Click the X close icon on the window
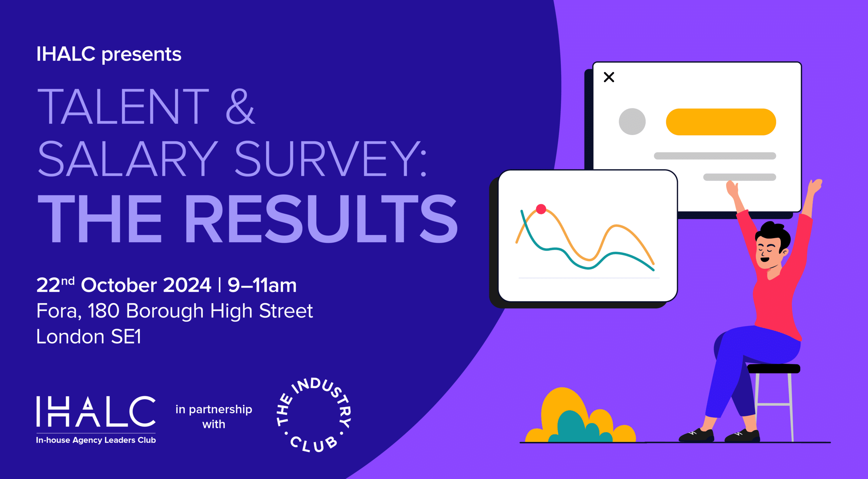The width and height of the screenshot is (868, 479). [x=609, y=77]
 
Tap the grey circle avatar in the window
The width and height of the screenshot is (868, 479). [x=632, y=121]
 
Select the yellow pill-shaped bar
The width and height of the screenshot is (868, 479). [x=721, y=122]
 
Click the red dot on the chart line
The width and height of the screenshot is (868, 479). [x=541, y=209]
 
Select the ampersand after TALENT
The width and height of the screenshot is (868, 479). [x=240, y=106]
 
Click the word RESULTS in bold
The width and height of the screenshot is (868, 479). [x=321, y=218]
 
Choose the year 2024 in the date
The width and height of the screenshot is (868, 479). [x=188, y=285]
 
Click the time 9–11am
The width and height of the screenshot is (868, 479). [x=262, y=285]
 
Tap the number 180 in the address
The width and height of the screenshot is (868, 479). [x=103, y=311]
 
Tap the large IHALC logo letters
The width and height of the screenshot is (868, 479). [x=96, y=411]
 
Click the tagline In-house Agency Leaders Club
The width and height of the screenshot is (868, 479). [x=96, y=440]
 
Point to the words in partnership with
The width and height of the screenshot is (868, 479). [x=214, y=417]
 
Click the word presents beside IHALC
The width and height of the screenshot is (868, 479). [x=142, y=55]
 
